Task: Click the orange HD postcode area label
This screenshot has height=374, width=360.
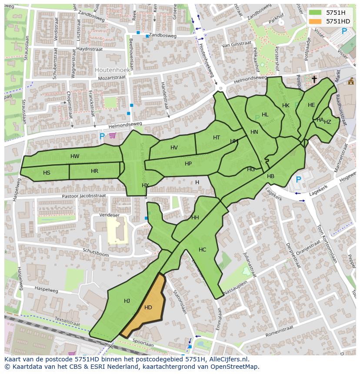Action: click(x=148, y=308)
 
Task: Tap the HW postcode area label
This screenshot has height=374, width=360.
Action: click(x=75, y=156)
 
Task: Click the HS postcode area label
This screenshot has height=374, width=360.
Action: click(x=47, y=173)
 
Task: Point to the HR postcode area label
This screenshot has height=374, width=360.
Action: click(x=94, y=171)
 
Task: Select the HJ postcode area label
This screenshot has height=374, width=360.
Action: click(x=127, y=301)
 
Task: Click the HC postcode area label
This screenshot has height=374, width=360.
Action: click(x=202, y=250)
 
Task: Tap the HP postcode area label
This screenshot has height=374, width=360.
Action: click(x=188, y=164)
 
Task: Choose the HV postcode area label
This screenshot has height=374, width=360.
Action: click(x=174, y=148)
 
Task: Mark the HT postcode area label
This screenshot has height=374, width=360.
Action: click(x=217, y=138)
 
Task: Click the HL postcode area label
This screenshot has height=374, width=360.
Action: click(x=265, y=115)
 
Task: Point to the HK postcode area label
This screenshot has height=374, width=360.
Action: click(x=286, y=106)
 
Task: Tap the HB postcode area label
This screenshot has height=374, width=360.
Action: click(x=270, y=176)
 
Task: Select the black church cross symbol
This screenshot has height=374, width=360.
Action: click(x=314, y=79)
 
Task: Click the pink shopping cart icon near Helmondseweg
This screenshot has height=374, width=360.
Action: click(x=113, y=136)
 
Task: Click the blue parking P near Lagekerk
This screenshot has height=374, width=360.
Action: click(x=298, y=179)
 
